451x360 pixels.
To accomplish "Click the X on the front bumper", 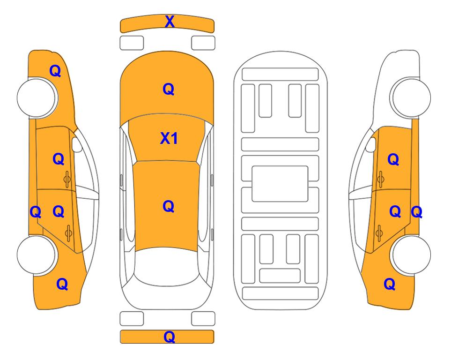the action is point(170,22).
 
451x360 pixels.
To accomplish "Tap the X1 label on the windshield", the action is point(169,138).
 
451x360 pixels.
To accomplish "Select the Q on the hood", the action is point(169,89).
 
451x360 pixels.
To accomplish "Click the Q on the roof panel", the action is point(169,206).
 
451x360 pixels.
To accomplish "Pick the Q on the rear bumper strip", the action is point(169,337).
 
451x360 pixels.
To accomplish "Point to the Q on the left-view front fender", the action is point(55,71).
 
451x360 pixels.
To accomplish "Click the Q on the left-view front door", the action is point(59,159).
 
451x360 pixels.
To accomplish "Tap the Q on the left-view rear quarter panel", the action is point(62,284).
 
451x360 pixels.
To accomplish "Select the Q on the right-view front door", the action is point(393,159).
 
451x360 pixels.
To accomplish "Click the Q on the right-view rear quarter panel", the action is point(390,284).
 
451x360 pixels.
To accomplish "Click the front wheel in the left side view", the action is point(37,97).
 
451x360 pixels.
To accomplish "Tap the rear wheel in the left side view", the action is point(37,255).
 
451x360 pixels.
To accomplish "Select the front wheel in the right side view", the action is point(411,97).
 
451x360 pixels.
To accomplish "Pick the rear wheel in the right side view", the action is point(411,255).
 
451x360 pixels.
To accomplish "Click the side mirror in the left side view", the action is point(77,144).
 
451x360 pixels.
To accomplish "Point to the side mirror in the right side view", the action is point(371,144).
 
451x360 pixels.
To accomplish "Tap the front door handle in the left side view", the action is point(67,179).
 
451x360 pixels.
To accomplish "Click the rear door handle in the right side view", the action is point(379,233).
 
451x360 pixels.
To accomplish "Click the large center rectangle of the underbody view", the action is point(280,184).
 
